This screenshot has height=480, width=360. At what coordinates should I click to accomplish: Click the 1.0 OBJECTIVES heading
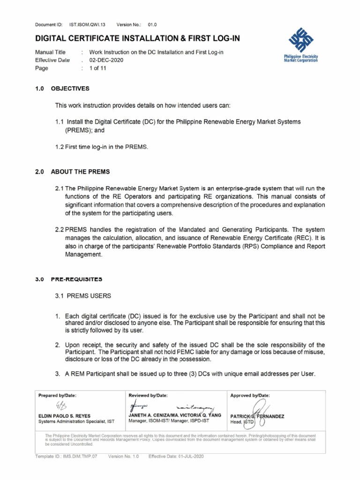62,89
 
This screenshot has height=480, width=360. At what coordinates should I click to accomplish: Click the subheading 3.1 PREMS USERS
83,296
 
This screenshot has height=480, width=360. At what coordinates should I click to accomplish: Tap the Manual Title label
51,52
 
